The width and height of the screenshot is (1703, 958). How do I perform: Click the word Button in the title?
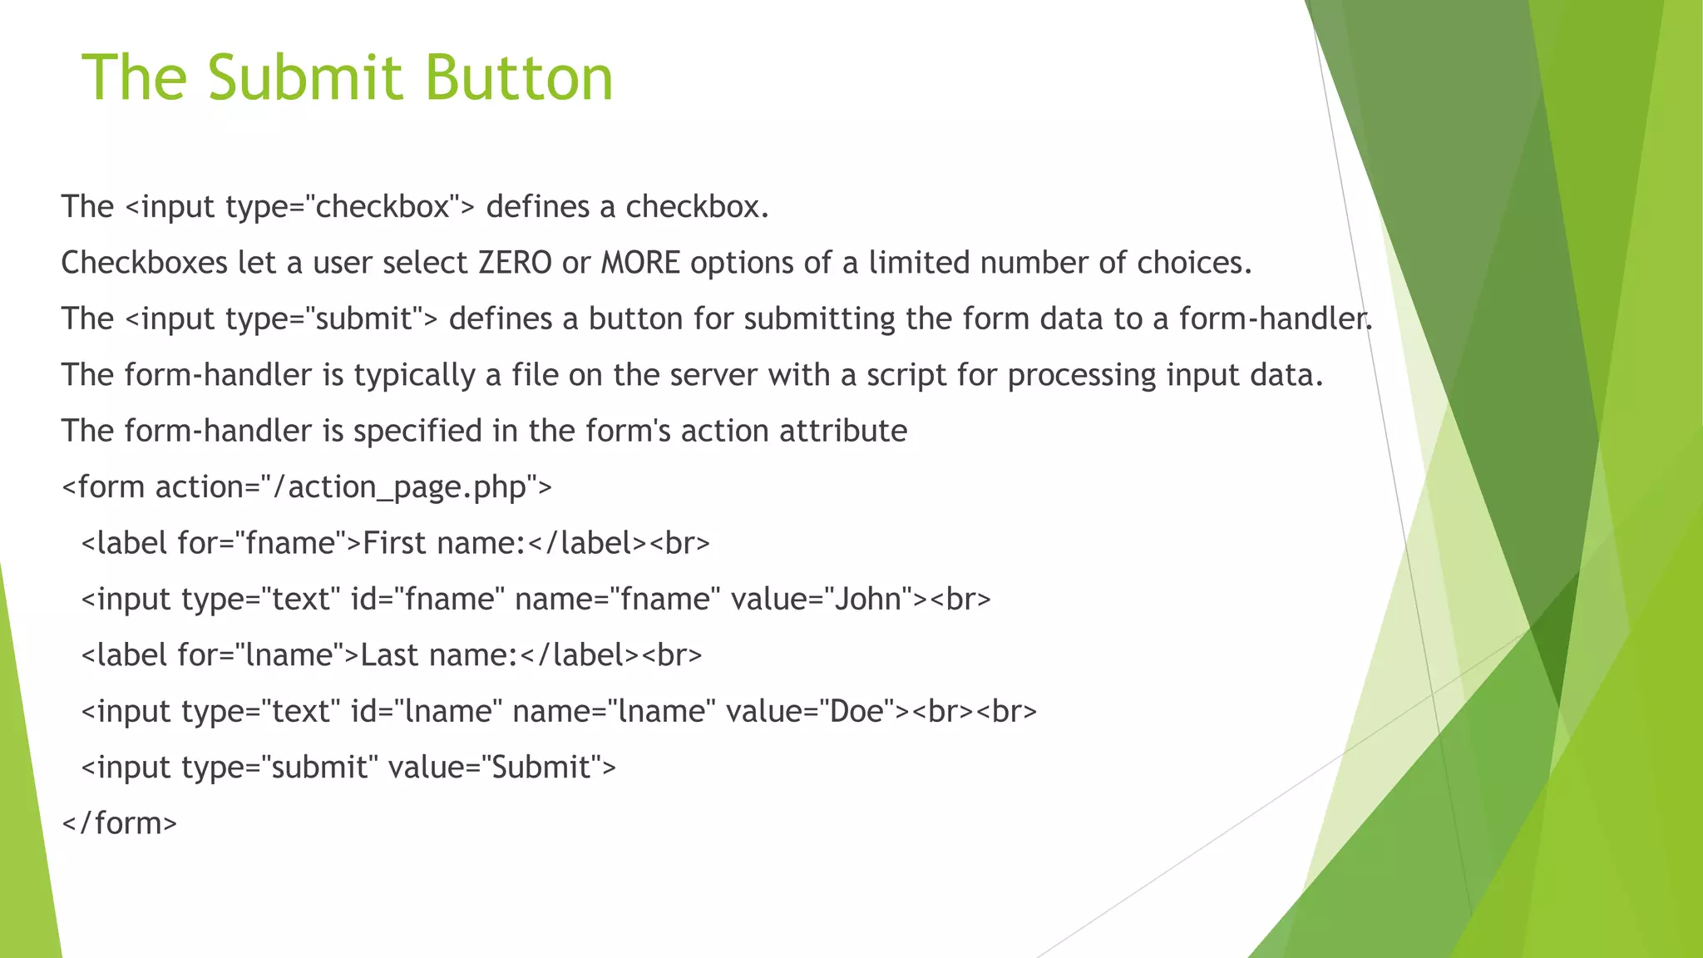click(x=519, y=77)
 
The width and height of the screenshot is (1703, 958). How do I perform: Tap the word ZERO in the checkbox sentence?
click(x=515, y=263)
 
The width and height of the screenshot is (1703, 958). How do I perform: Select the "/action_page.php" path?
click(x=399, y=487)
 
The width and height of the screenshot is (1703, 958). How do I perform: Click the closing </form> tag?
click(x=120, y=823)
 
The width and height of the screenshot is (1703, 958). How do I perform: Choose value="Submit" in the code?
click(x=502, y=767)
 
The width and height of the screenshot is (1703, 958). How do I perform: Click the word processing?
click(x=1081, y=375)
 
